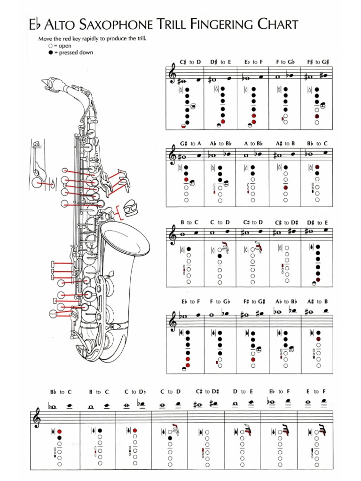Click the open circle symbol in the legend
50,46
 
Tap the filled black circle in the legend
50,53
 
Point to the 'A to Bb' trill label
253,143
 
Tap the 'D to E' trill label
243,392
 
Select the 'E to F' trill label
316,392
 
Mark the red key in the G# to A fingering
186,179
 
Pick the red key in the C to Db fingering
135,430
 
